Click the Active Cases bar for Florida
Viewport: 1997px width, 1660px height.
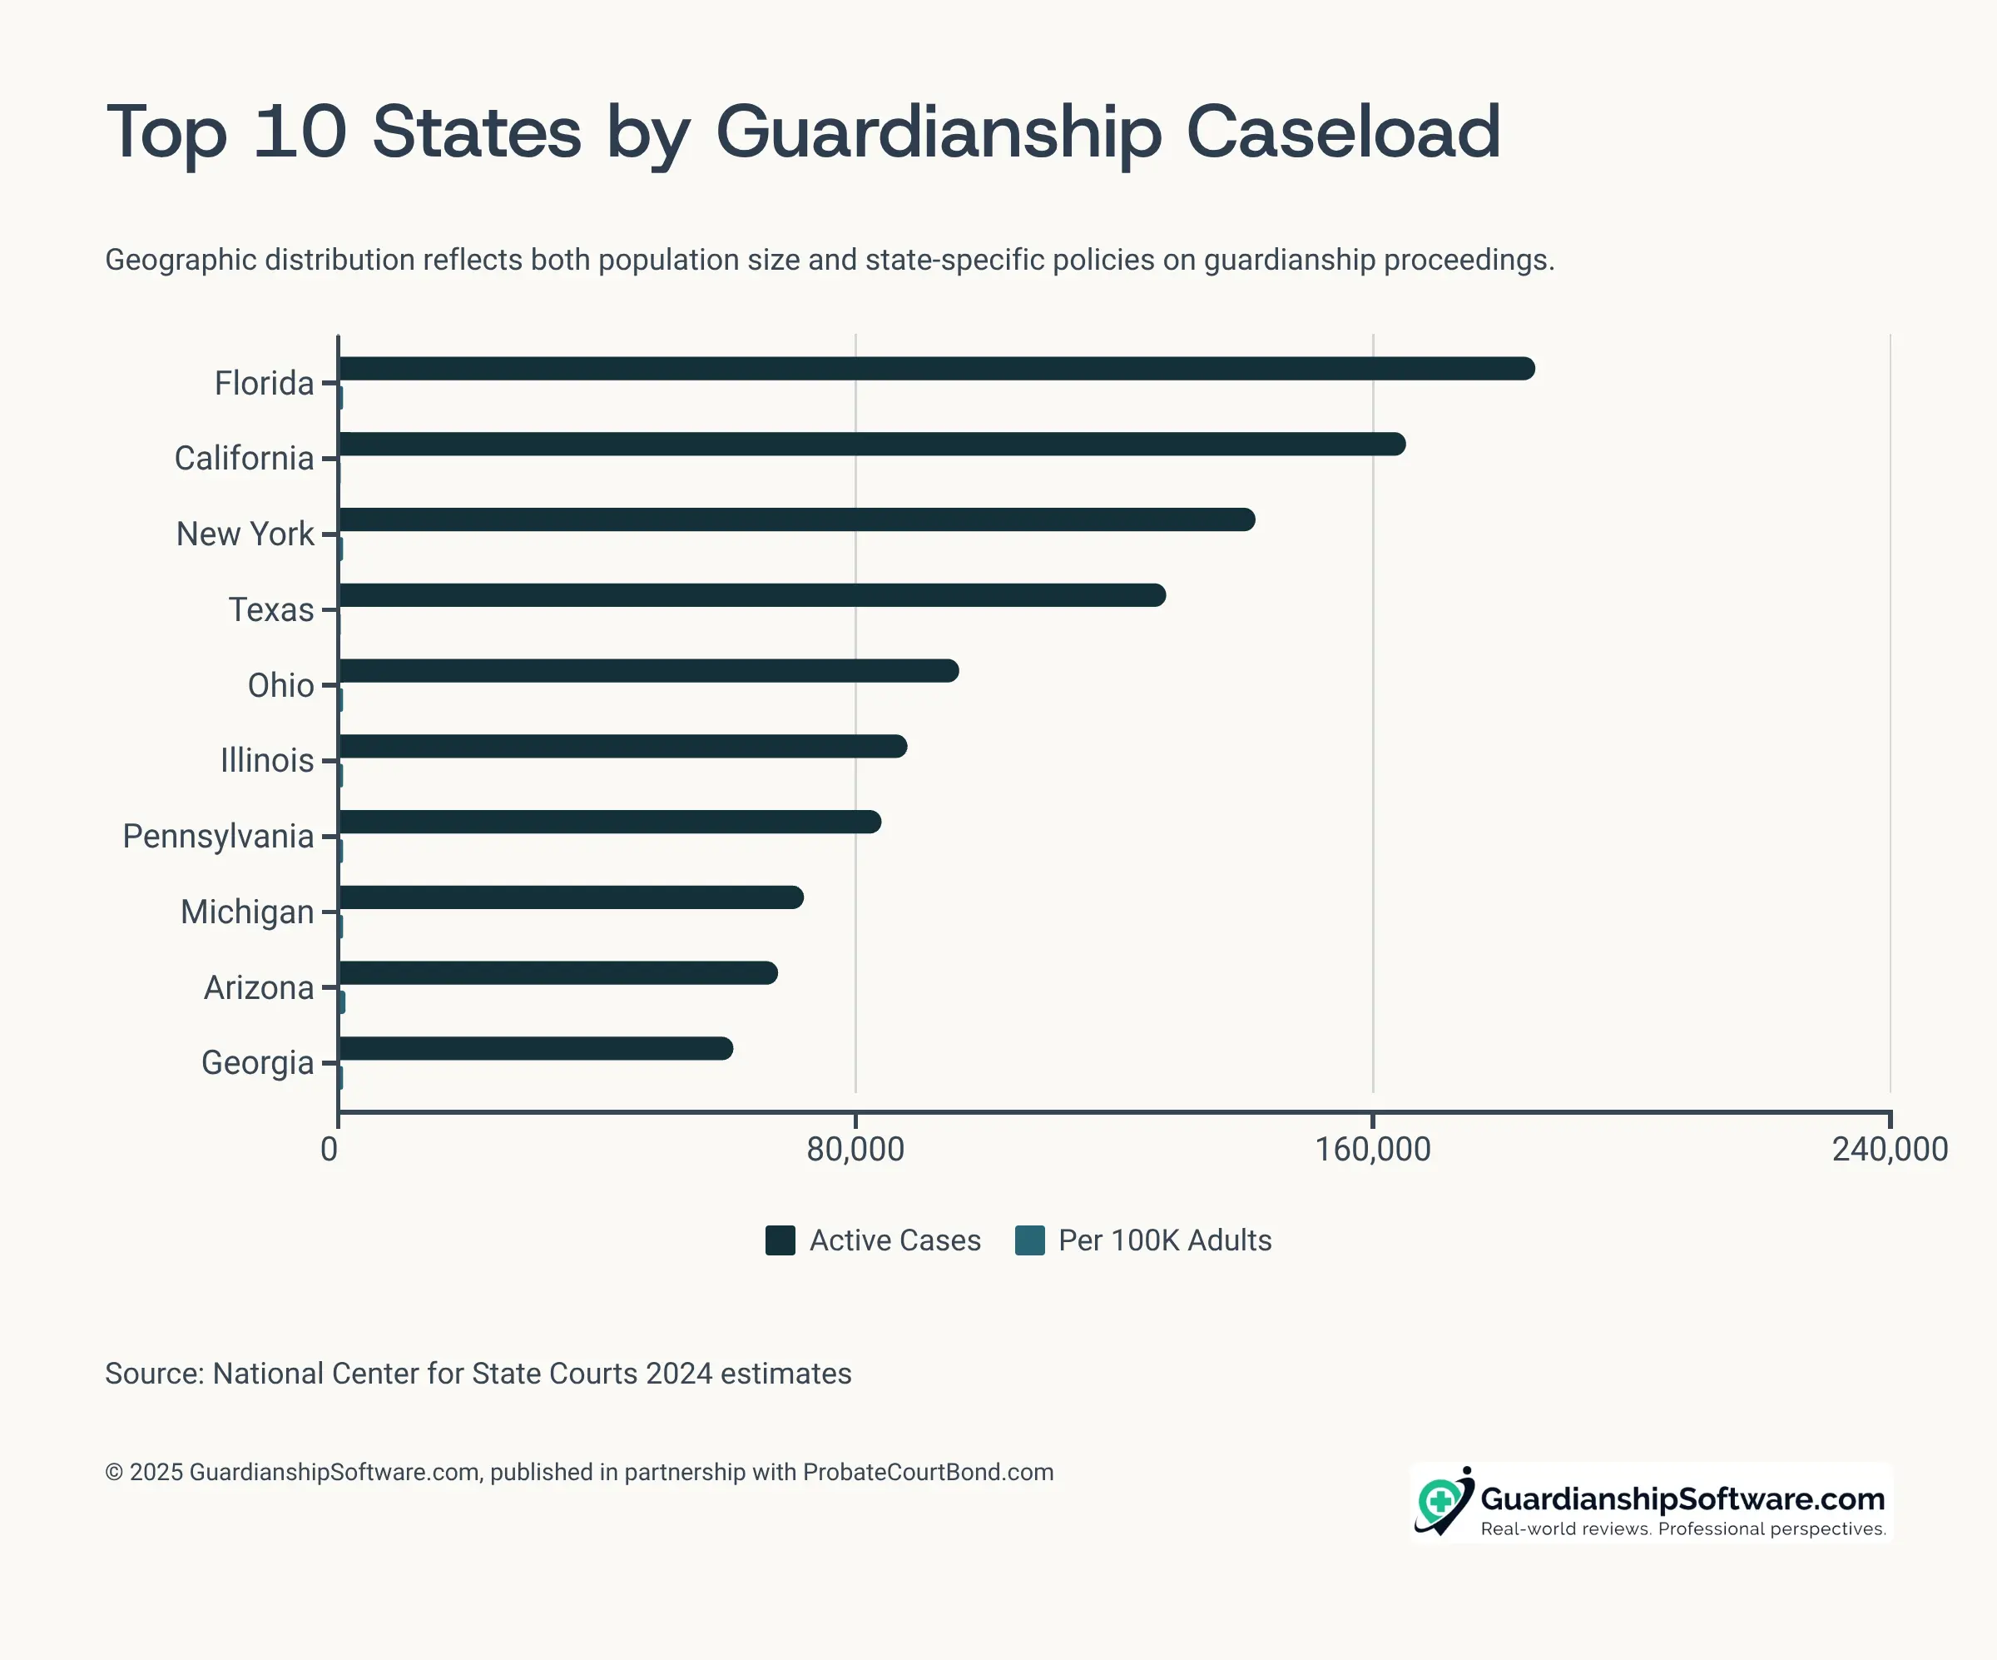pyautogui.click(x=937, y=369)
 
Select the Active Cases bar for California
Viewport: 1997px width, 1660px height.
pyautogui.click(x=872, y=445)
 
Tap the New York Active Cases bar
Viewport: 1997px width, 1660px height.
pyautogui.click(x=797, y=519)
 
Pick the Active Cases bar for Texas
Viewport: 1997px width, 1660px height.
pyautogui.click(x=752, y=595)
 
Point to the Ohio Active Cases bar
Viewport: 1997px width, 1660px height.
pyautogui.click(x=648, y=671)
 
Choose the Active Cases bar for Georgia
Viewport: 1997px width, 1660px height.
pyautogui.click(x=535, y=1048)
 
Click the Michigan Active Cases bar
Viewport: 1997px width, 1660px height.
pyautogui.click(x=571, y=897)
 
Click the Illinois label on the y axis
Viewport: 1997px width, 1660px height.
pyautogui.click(x=267, y=761)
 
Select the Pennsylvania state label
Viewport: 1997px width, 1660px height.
pyautogui.click(x=219, y=836)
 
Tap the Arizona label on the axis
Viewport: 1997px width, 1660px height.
pyautogui.click(x=259, y=987)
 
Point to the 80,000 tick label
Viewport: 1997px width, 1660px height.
pyautogui.click(x=855, y=1149)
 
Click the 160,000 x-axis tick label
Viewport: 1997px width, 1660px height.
pyautogui.click(x=1372, y=1149)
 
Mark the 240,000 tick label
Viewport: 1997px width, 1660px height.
pyautogui.click(x=1890, y=1149)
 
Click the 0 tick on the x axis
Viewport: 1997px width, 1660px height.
pyautogui.click(x=329, y=1149)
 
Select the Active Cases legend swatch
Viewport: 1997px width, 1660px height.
pyautogui.click(x=780, y=1240)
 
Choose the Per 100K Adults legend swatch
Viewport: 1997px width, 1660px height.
pyautogui.click(x=1030, y=1240)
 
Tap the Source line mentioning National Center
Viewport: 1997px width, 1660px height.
pyautogui.click(x=478, y=1374)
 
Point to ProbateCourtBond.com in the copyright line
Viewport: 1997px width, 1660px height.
pyautogui.click(x=928, y=1473)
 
